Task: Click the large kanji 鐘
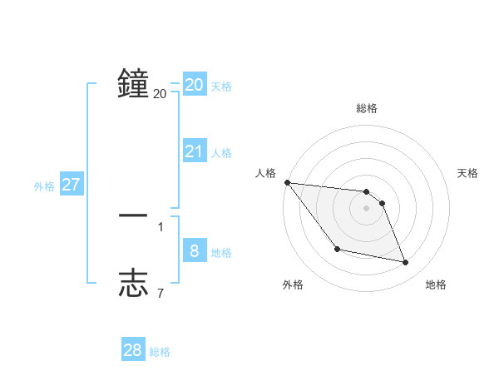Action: point(133,83)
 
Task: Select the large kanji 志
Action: point(133,284)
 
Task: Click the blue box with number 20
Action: point(195,85)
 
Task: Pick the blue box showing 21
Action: point(195,151)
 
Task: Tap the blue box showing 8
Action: point(195,251)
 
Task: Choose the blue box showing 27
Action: point(71,185)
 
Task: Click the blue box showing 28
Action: point(133,350)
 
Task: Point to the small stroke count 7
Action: point(161,293)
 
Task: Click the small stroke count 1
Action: point(161,226)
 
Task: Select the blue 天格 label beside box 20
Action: point(221,87)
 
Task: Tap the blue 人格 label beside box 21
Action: point(221,153)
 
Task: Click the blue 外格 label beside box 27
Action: point(44,186)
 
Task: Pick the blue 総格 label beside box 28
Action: point(160,352)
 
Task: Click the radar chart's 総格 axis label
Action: point(366,108)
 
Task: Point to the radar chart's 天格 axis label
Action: point(468,173)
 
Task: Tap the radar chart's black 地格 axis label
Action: point(436,285)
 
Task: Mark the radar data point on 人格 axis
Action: point(287,182)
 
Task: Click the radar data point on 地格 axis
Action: point(406,263)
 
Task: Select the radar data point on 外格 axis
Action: point(337,249)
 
